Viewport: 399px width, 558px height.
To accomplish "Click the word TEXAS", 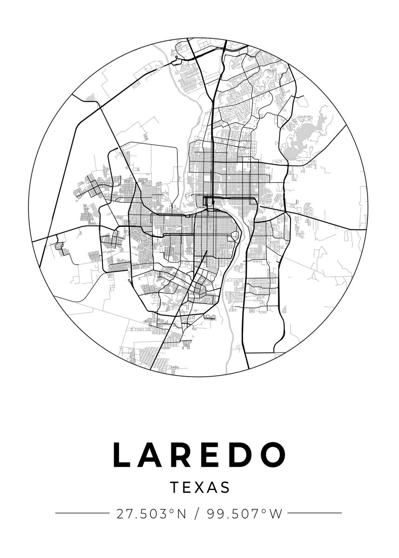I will [x=200, y=487].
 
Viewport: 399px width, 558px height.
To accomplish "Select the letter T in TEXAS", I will [x=174, y=487].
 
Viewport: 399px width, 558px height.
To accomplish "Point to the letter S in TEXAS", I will [x=225, y=487].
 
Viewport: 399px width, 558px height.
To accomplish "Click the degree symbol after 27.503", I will [x=172, y=511].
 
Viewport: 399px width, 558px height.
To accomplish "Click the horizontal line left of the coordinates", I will [x=82, y=513].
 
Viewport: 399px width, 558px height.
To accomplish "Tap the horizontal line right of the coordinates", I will [x=315, y=513].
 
